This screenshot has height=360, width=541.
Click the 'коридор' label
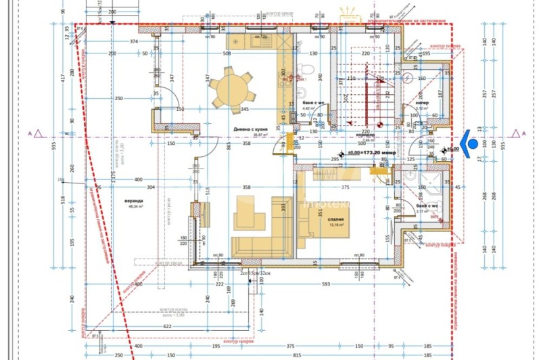tap(366, 135)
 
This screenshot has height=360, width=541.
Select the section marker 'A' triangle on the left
tap(39, 133)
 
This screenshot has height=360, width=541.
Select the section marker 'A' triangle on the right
tap(518, 133)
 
